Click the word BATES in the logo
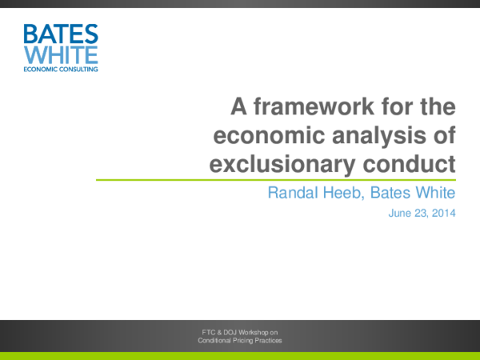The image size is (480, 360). (x=61, y=34)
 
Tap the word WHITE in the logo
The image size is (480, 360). (x=61, y=54)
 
